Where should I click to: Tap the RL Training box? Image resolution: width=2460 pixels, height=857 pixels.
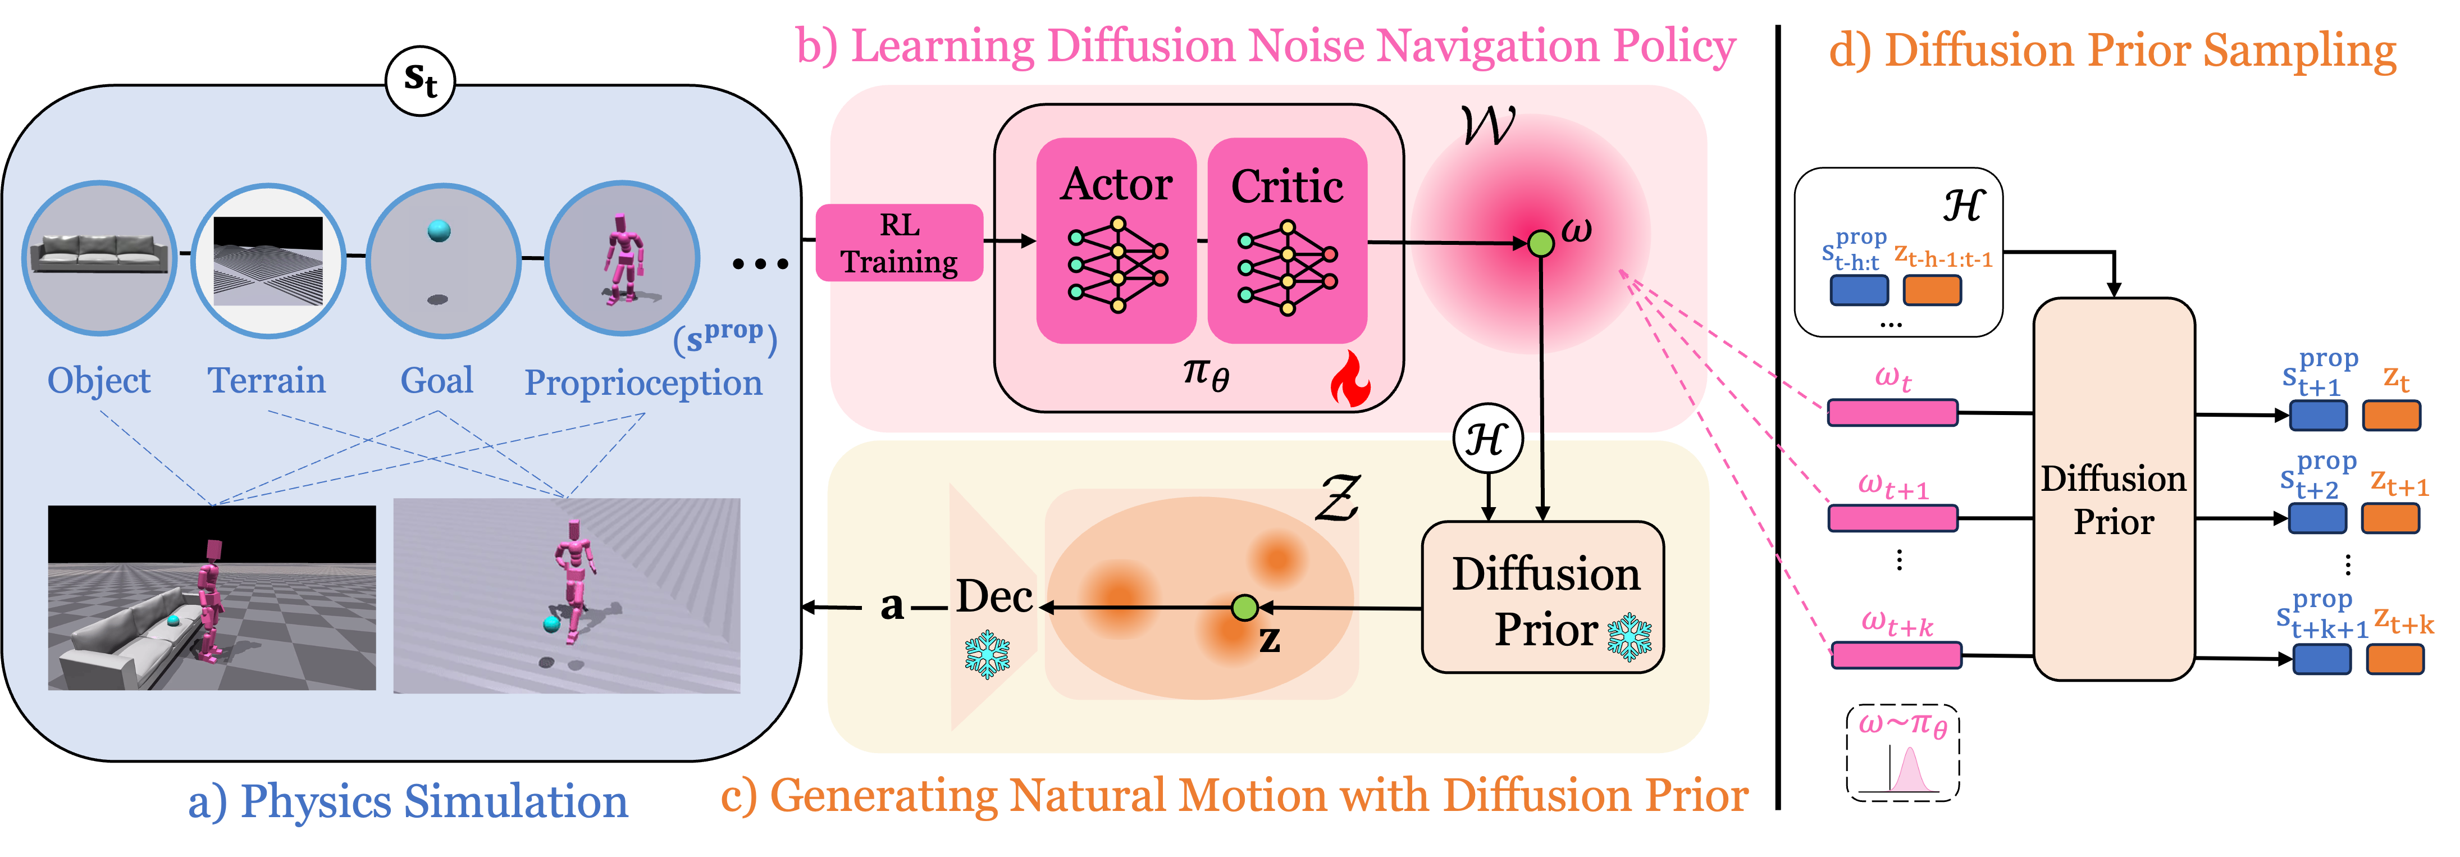(900, 243)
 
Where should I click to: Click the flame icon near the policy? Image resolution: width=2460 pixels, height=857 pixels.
(1350, 379)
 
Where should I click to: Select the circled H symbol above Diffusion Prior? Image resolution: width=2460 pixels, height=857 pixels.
(1487, 440)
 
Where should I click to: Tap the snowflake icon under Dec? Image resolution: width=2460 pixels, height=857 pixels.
(988, 654)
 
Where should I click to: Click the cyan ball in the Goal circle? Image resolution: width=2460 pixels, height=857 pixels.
(439, 230)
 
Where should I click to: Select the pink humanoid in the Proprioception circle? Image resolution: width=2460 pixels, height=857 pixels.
(622, 258)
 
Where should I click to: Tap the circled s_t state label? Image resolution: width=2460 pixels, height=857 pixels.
(420, 80)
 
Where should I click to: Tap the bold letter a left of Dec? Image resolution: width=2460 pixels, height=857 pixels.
(891, 606)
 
